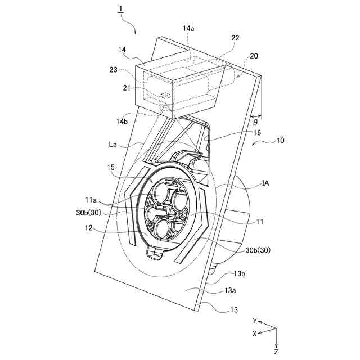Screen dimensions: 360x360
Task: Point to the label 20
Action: tap(254, 56)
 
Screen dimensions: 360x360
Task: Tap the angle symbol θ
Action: tap(255, 122)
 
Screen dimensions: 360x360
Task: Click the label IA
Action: tap(268, 183)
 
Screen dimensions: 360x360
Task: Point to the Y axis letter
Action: tap(254, 321)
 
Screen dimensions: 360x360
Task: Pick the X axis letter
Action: tap(254, 334)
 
